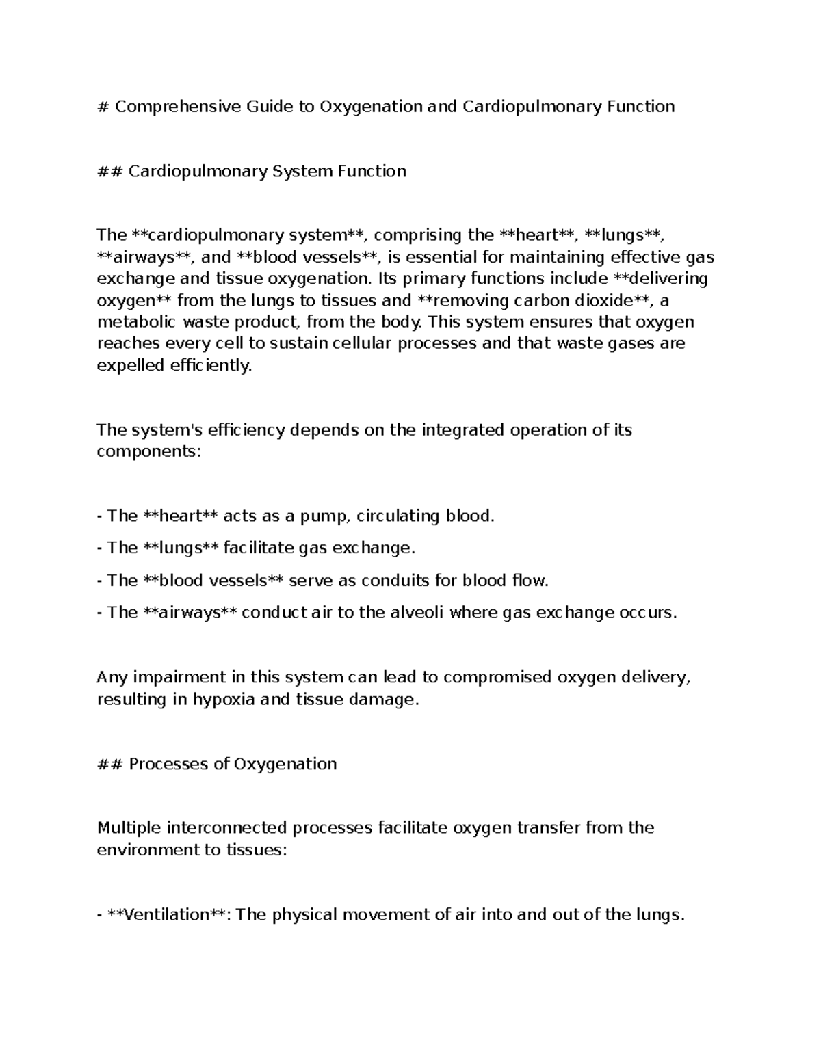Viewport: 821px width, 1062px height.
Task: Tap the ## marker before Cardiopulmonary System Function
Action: (x=109, y=171)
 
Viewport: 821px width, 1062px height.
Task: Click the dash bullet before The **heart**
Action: (x=100, y=516)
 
